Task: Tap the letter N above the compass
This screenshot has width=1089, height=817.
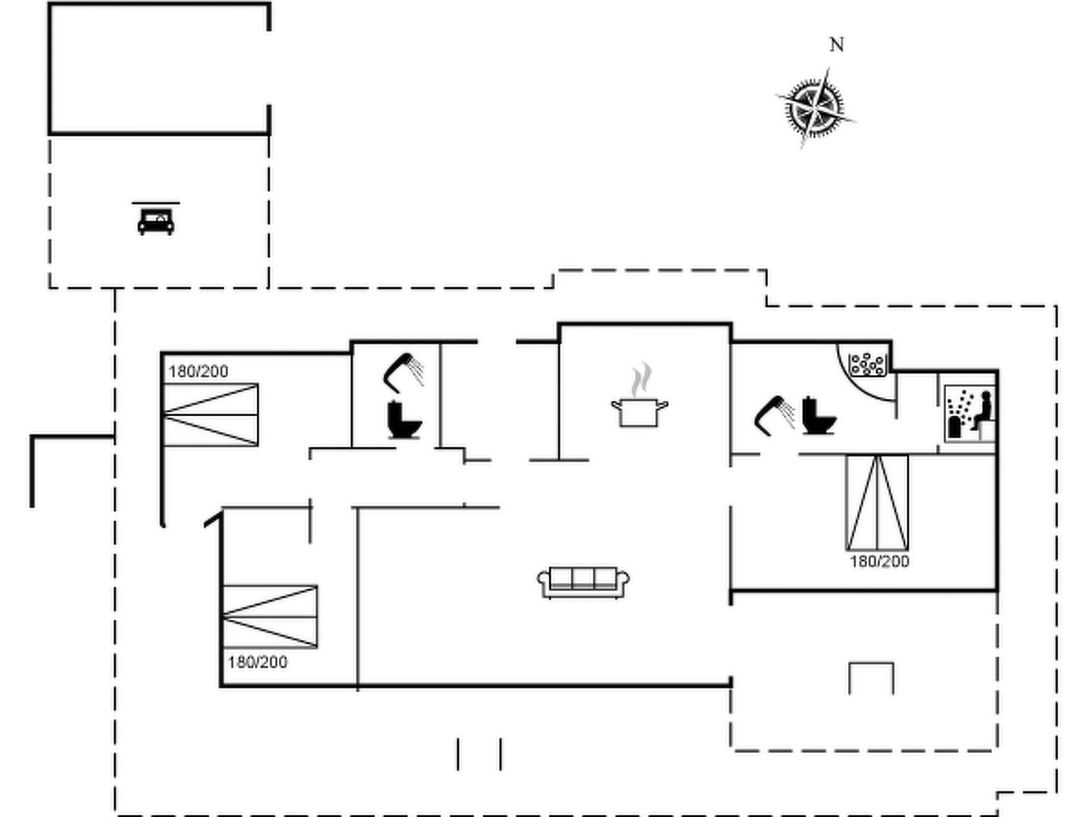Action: coord(837,45)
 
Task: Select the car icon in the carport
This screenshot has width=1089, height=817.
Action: coord(156,221)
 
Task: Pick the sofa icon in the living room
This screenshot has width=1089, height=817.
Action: coord(583,582)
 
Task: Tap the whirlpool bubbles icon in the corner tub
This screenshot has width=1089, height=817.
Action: coord(867,364)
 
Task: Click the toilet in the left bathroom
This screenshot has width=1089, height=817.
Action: coord(404,420)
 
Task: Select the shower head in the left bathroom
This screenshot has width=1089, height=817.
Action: coord(404,372)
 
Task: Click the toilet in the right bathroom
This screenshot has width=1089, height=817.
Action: coord(819,416)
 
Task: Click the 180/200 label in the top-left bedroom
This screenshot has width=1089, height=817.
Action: coord(199,372)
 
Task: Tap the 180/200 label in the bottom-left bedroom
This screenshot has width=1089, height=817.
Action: coord(257,662)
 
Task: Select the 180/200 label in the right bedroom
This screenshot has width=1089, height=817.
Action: coord(879,562)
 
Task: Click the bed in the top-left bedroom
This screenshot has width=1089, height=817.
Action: coord(211,415)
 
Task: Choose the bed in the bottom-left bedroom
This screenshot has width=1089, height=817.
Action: coord(270,617)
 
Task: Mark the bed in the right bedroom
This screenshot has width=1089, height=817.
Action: coord(877,502)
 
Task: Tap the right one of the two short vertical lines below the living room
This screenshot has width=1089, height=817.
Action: coord(500,754)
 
